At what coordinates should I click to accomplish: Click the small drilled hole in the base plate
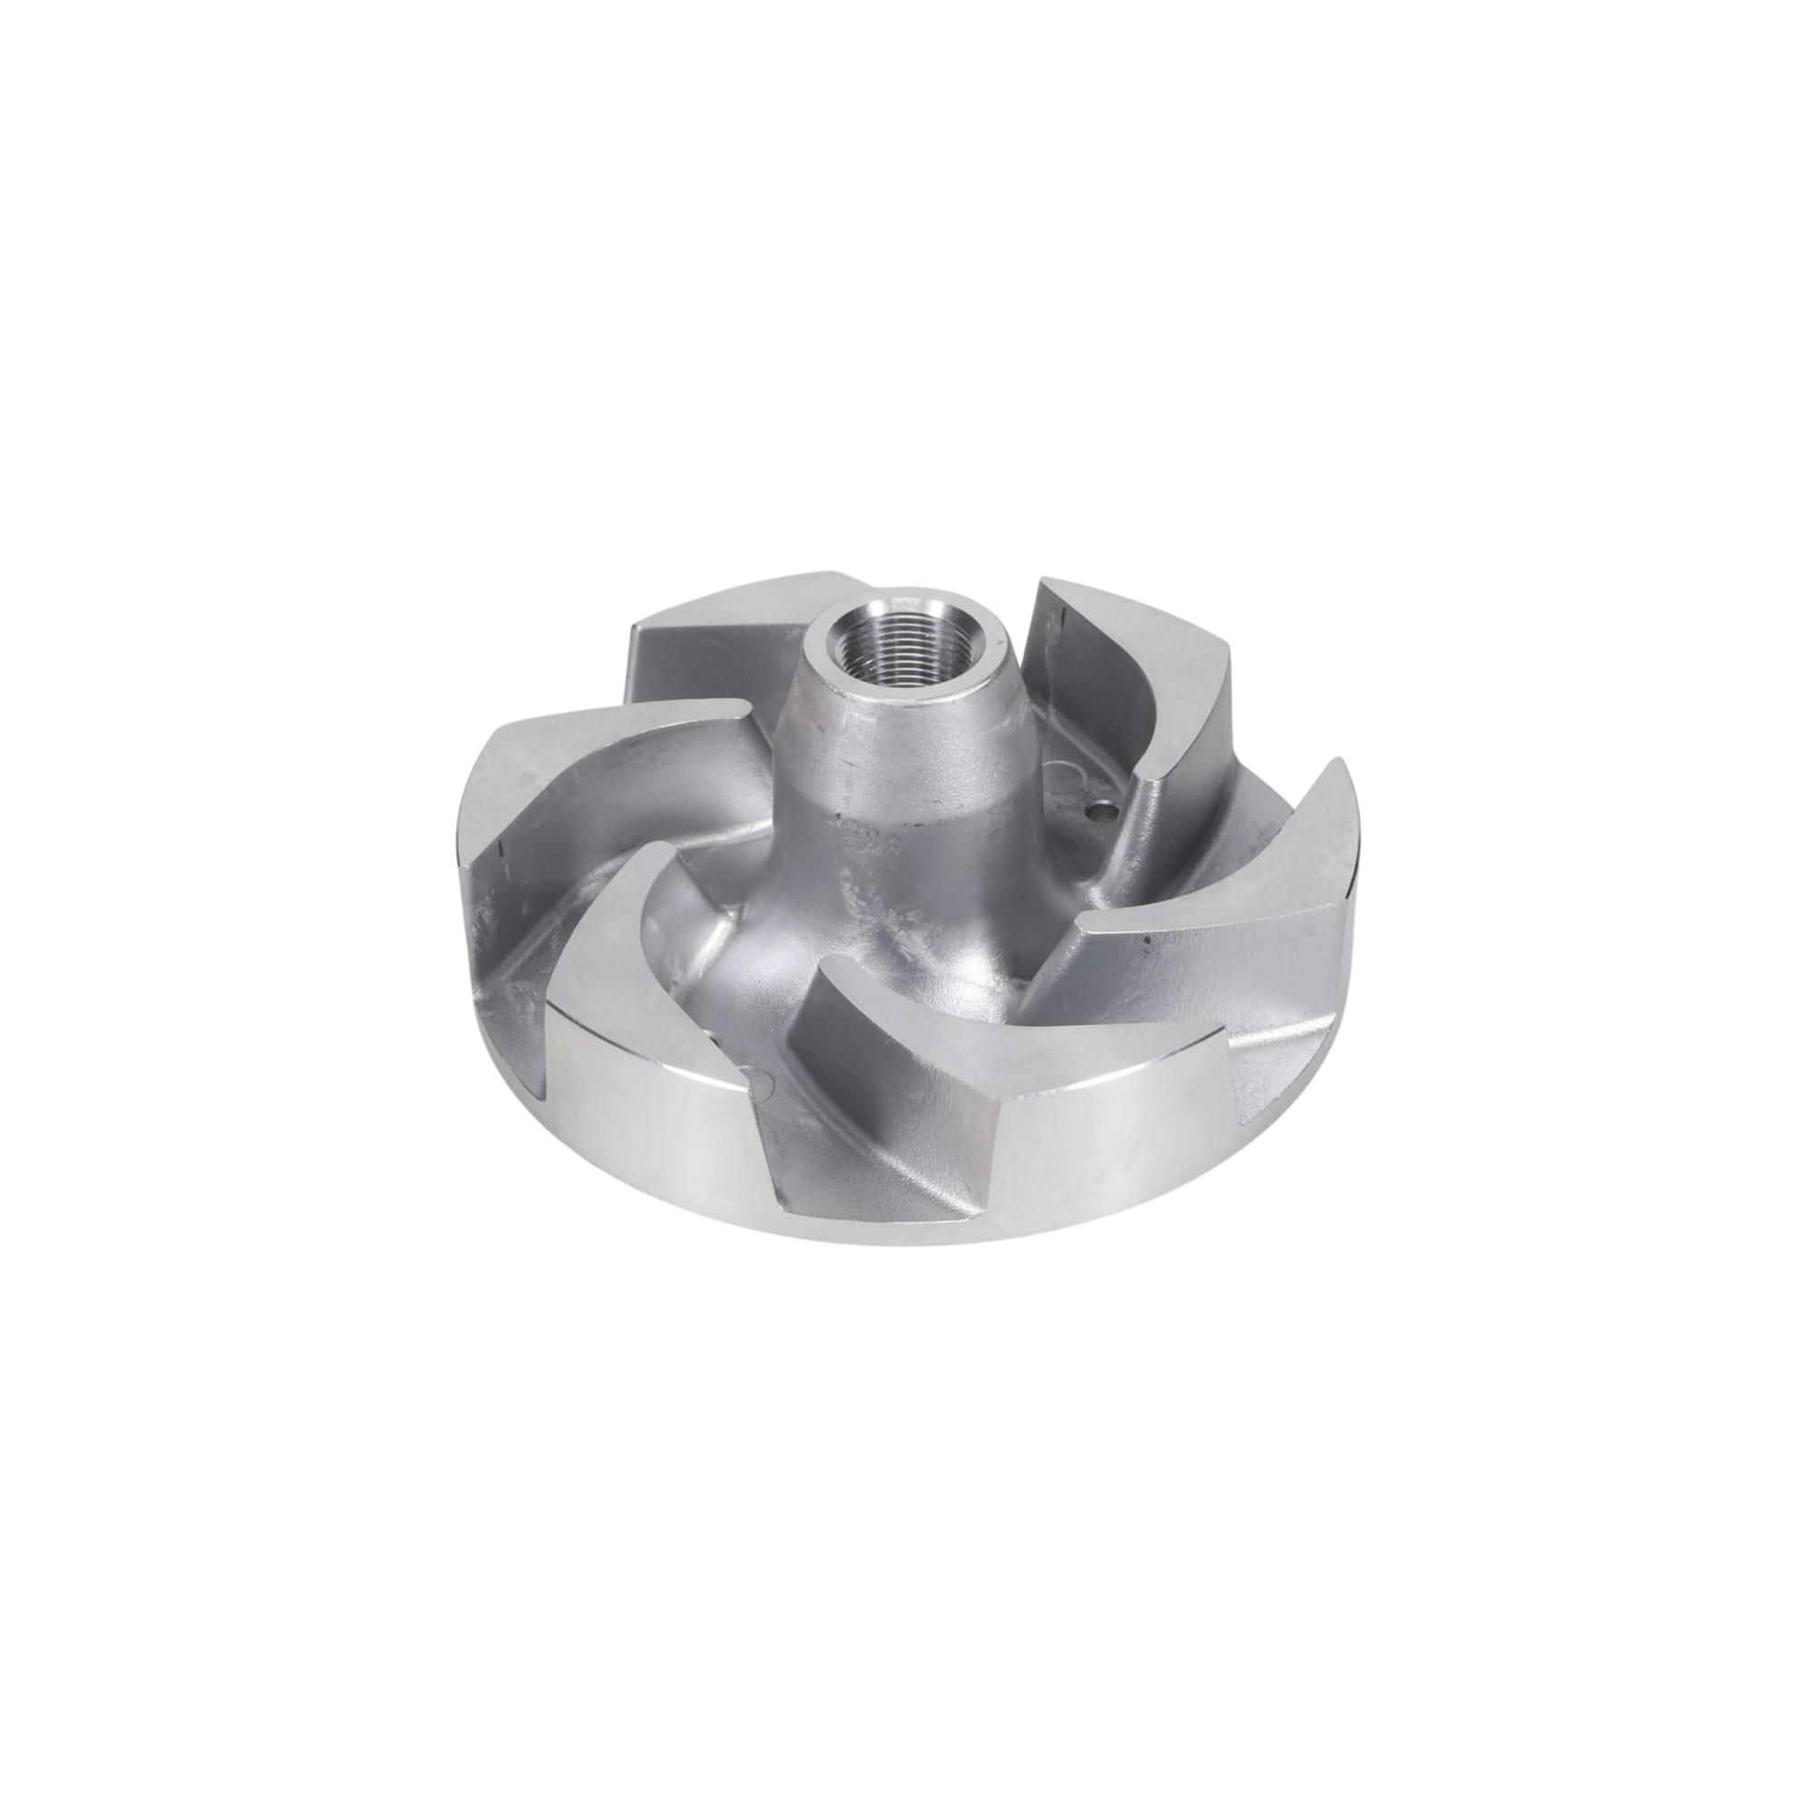point(1107,780)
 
